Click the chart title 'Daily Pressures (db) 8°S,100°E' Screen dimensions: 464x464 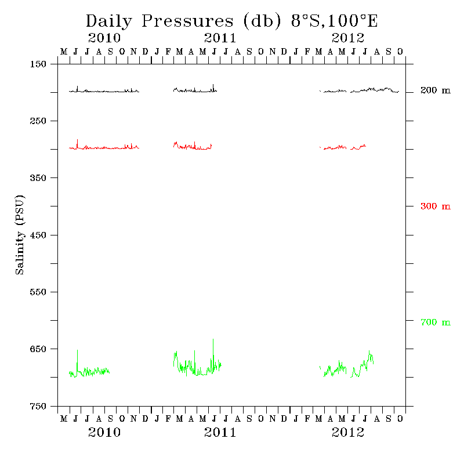coord(232,21)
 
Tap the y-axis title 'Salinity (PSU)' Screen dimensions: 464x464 coord(20,235)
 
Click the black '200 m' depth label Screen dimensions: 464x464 coord(435,91)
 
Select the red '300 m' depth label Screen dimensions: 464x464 coord(435,206)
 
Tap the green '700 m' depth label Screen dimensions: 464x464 coord(435,322)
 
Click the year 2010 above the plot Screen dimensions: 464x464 coord(104,39)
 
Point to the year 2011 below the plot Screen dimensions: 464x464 coord(220,433)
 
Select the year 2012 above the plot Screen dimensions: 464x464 coord(348,39)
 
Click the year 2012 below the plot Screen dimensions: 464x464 coord(348,433)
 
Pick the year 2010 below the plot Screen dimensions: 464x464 coord(104,433)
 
